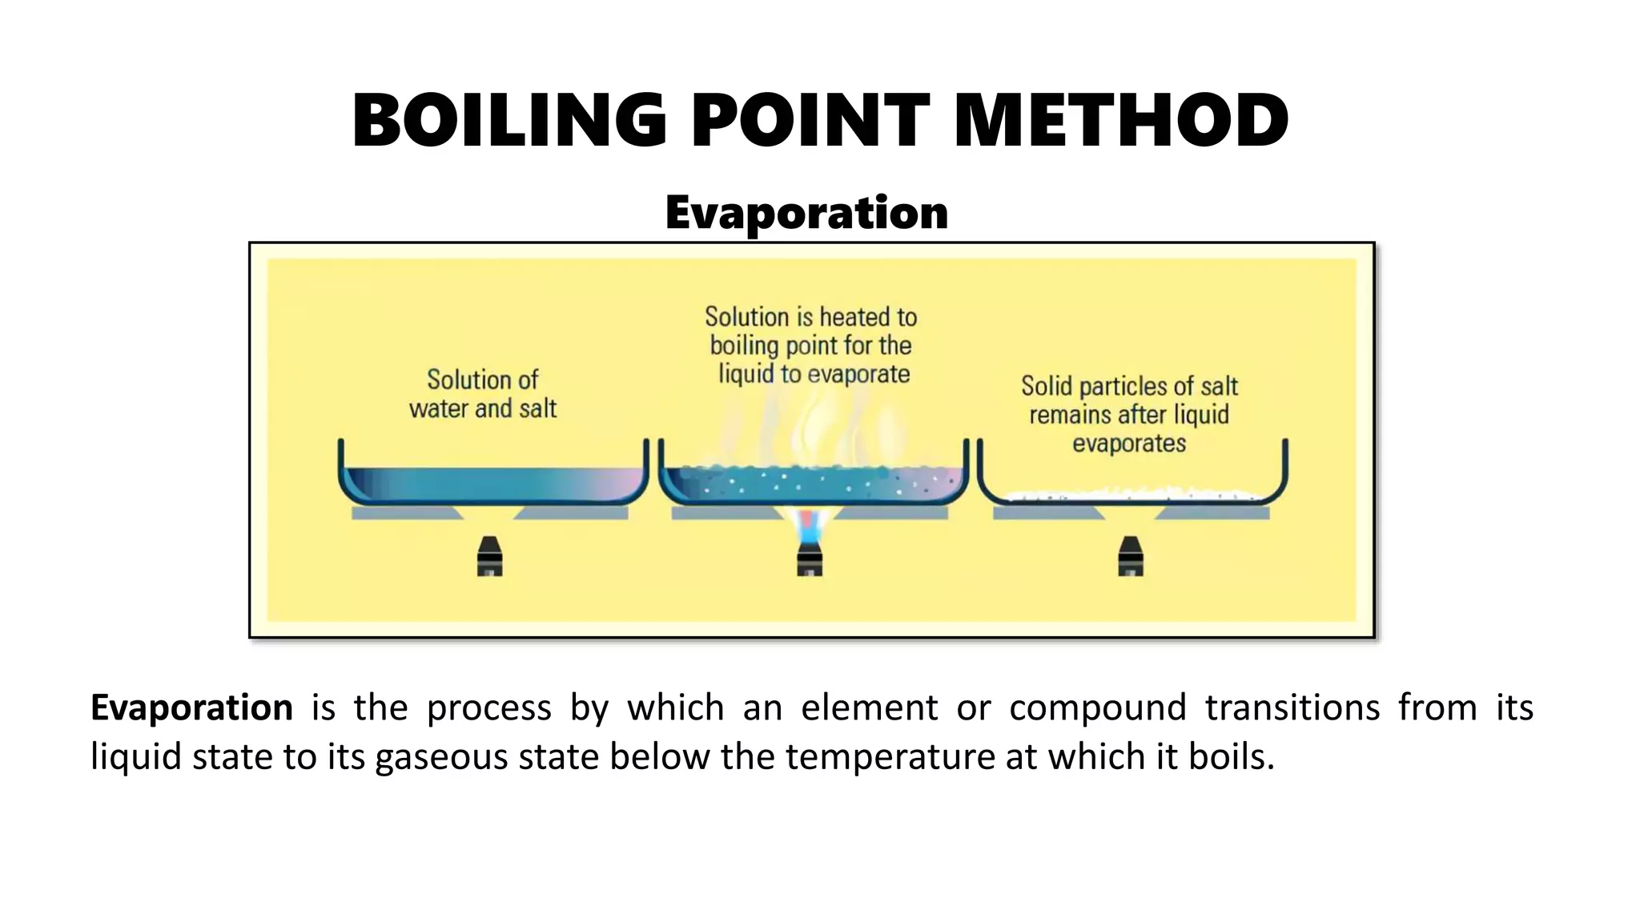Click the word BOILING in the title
pos(509,121)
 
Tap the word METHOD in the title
pos(1121,121)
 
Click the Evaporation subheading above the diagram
pos(806,213)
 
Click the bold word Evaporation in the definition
pos(191,708)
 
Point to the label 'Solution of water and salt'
pos(483,394)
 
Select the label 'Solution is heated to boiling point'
pos(810,345)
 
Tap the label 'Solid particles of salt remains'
pos(1129,415)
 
